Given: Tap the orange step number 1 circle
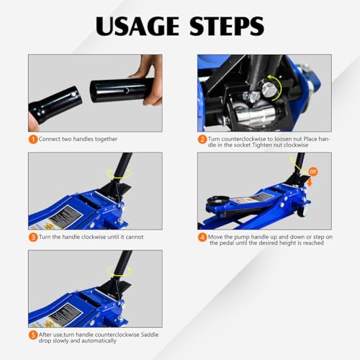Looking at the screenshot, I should point(33,139).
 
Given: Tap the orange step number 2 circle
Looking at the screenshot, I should point(202,140).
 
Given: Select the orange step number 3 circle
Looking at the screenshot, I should point(33,237).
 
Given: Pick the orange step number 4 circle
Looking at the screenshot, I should point(202,236).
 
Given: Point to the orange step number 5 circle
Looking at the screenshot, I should point(33,334).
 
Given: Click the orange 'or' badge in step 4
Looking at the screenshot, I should point(312,171).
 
